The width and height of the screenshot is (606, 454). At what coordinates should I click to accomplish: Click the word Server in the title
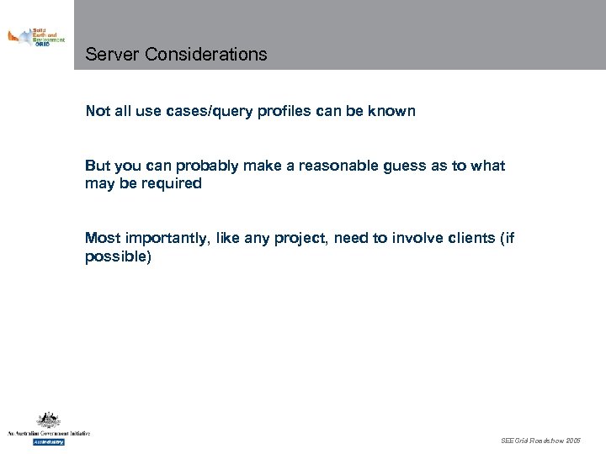click(x=113, y=55)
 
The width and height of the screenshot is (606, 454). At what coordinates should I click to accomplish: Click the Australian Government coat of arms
click(x=48, y=420)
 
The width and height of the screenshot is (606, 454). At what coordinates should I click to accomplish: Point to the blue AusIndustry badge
click(x=48, y=441)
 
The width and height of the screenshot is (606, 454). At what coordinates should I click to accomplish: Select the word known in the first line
click(x=393, y=111)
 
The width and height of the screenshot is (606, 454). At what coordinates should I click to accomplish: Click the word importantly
click(x=167, y=238)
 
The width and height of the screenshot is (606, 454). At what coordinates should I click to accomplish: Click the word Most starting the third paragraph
click(x=101, y=238)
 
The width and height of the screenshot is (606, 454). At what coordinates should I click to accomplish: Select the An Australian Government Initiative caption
click(x=48, y=433)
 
